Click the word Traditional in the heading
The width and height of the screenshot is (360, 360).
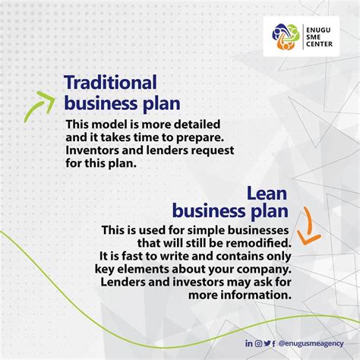(x=110, y=83)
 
